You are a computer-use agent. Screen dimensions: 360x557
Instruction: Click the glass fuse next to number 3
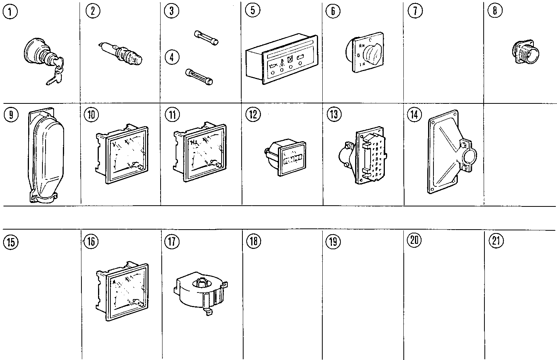click(206, 37)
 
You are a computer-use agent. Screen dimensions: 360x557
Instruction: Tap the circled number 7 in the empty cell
click(415, 10)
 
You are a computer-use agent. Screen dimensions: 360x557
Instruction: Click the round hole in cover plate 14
click(467, 157)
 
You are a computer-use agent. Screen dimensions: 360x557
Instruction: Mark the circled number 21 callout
click(496, 241)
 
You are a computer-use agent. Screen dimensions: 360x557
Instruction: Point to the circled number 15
click(10, 242)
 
